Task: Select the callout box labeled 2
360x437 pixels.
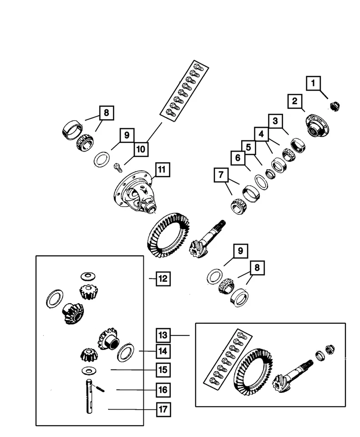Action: [x=294, y=101]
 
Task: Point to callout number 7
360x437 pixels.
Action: [x=221, y=175]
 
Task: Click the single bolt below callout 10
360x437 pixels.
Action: [x=117, y=168]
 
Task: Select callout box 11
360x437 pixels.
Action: [x=162, y=170]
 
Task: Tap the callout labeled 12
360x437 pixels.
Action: [x=163, y=278]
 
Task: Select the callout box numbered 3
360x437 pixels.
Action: [x=274, y=121]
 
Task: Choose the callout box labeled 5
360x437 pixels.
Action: [x=248, y=147]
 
